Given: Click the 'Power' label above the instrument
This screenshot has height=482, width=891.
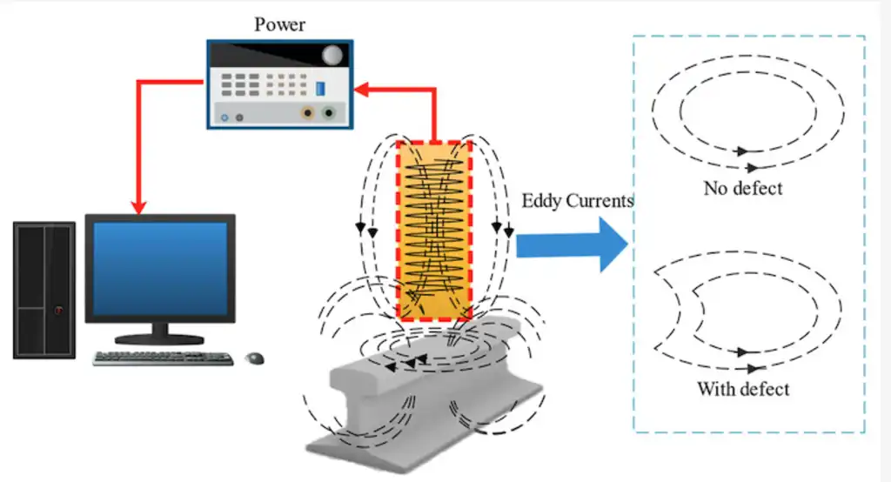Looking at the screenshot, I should [x=279, y=24].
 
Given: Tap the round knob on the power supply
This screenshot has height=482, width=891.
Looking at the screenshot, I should [x=332, y=56].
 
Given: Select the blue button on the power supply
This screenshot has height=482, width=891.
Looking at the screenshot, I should [x=320, y=88].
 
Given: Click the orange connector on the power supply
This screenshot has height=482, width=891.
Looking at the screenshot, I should [x=308, y=112].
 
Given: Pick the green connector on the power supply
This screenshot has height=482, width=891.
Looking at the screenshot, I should [x=329, y=112].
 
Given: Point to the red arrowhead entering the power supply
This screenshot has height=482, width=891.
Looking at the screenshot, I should [x=363, y=87].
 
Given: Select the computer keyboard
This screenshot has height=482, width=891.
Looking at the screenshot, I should [x=163, y=358].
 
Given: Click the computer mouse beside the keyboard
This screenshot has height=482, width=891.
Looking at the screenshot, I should [x=255, y=358].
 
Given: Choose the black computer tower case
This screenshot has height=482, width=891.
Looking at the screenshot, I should [x=44, y=291].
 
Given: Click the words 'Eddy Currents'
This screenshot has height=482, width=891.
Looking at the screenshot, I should [x=577, y=201].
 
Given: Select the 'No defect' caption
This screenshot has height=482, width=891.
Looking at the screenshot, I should [x=742, y=188].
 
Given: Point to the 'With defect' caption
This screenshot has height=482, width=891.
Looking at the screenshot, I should [x=742, y=388].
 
